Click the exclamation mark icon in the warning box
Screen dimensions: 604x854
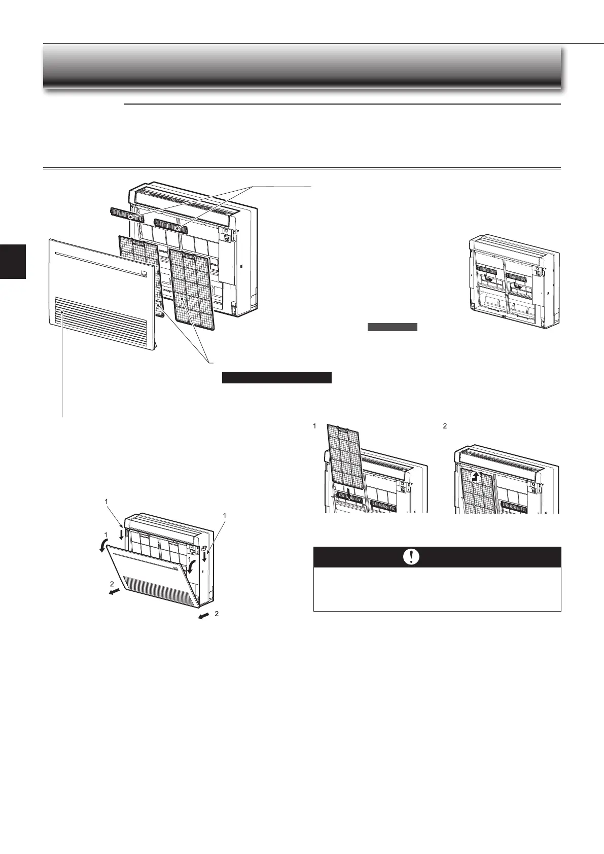click(411, 557)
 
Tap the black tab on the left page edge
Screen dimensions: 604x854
click(13, 261)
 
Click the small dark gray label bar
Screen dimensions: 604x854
click(393, 327)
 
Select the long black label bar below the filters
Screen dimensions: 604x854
click(277, 378)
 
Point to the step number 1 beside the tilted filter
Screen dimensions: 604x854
click(315, 426)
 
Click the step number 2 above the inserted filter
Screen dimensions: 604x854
click(445, 426)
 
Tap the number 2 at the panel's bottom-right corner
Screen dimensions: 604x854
click(217, 614)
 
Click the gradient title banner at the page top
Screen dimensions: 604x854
click(302, 66)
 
